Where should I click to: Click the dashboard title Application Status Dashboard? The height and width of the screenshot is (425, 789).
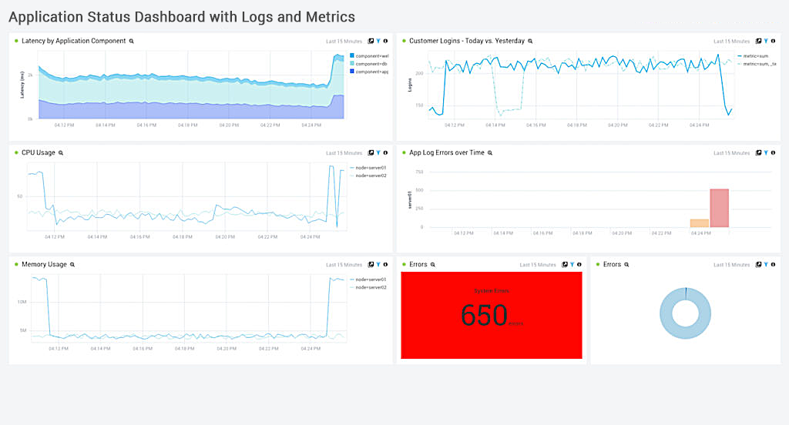click(x=182, y=16)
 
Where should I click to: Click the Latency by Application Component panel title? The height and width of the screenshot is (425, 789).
click(x=73, y=41)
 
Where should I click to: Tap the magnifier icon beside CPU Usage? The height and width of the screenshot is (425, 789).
click(x=61, y=153)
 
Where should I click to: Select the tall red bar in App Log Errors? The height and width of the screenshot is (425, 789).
click(x=719, y=208)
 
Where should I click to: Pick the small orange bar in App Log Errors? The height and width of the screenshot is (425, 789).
click(x=699, y=223)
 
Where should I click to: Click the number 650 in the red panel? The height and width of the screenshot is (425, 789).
click(x=485, y=316)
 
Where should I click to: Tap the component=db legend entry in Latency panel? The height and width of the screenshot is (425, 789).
click(x=370, y=63)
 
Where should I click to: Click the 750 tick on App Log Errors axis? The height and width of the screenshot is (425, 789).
click(x=418, y=172)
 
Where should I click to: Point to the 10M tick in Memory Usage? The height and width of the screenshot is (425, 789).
click(x=22, y=302)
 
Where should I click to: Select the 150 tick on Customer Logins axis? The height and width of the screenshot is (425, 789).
click(x=418, y=105)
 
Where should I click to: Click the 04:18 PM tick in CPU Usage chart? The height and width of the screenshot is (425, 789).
click(x=183, y=237)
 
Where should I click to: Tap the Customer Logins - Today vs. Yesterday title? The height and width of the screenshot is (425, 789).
click(x=466, y=41)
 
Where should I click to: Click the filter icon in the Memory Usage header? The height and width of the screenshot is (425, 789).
click(x=378, y=264)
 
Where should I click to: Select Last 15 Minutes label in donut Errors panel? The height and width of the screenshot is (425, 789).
click(x=731, y=264)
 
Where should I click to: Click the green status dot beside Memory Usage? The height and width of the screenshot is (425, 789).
click(x=16, y=264)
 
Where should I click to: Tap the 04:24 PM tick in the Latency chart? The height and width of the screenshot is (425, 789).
click(x=311, y=125)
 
